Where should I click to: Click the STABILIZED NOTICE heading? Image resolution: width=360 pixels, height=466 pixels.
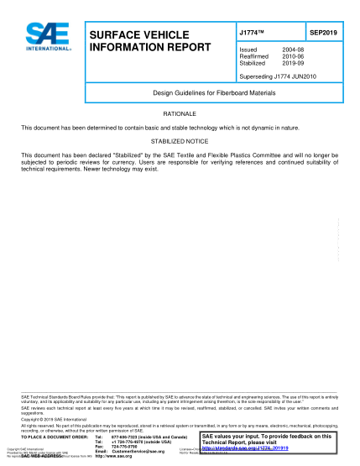[x=180, y=141]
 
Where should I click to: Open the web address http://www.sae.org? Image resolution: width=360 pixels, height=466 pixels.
[x=120, y=457]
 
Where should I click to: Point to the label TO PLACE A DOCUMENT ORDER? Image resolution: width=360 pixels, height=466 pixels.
[x=54, y=437]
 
